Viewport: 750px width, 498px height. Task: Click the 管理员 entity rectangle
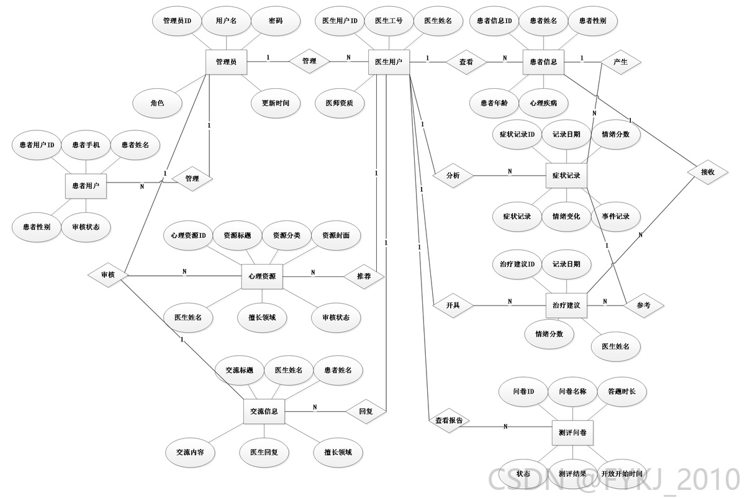point(226,62)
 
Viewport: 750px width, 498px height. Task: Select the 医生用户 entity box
point(389,62)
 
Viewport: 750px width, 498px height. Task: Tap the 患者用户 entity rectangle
point(86,186)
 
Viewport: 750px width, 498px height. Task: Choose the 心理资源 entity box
point(262,276)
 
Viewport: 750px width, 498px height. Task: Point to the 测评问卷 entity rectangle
point(572,433)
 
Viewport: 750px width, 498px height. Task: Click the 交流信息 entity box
point(264,411)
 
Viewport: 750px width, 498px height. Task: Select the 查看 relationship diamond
point(466,62)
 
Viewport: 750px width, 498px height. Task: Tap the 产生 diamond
point(621,62)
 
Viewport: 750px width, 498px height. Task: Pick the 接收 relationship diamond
point(708,172)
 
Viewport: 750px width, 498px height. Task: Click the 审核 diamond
point(108,275)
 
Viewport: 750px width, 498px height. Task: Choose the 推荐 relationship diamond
point(364,276)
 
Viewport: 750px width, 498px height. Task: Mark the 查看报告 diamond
point(449,420)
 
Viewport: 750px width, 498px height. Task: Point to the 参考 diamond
point(644,306)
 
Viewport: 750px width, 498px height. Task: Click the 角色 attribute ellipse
point(157,103)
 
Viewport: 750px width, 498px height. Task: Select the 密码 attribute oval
point(276,20)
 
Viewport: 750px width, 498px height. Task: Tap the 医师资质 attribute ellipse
point(340,103)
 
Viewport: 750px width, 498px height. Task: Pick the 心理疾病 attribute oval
point(543,103)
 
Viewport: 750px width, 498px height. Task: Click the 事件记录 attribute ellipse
point(616,217)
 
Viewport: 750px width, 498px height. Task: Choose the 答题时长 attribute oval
point(621,391)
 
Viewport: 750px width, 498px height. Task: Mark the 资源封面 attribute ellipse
point(336,235)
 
